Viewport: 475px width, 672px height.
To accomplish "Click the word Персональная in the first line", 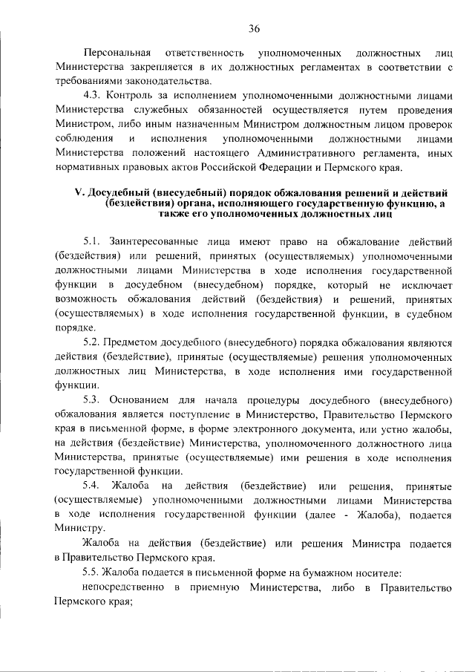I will point(118,54).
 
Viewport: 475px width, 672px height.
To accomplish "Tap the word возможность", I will point(82,298).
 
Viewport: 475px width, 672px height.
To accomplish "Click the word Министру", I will point(75,527).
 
